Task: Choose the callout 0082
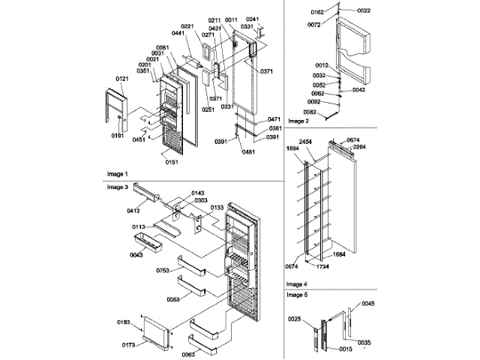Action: (311, 112)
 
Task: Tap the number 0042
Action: (358, 90)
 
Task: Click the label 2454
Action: (306, 142)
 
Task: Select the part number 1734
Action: (323, 266)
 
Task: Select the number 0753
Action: (163, 270)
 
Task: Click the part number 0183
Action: (124, 322)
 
